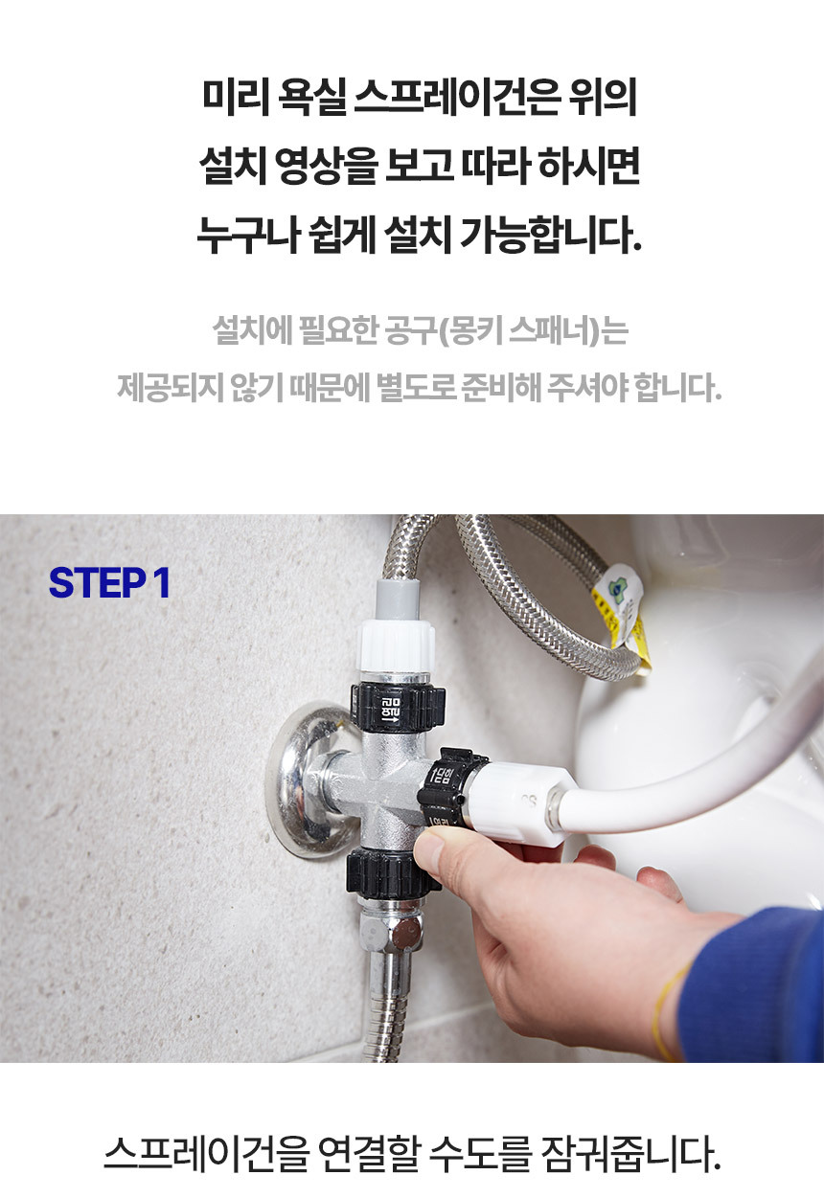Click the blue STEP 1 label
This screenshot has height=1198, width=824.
click(x=109, y=583)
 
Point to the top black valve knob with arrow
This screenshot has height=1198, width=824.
click(x=397, y=705)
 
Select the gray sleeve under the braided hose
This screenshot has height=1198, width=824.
click(x=398, y=599)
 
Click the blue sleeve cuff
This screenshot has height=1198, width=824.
click(x=749, y=984)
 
